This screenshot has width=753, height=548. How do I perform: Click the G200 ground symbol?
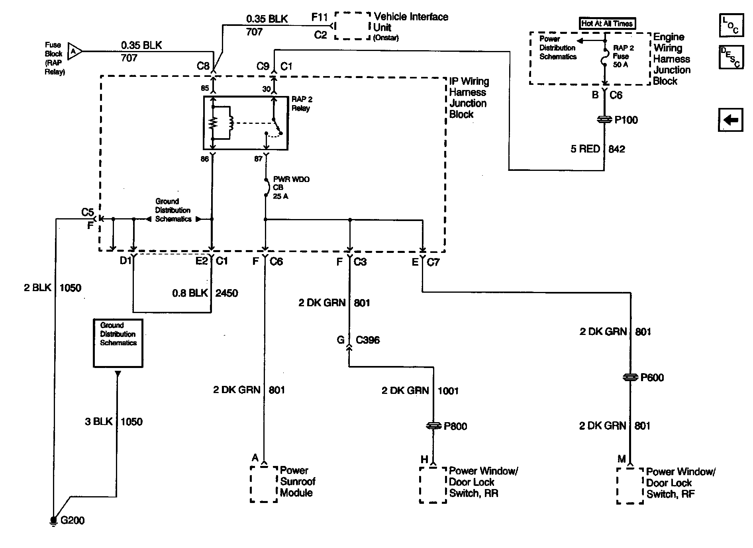coord(53,521)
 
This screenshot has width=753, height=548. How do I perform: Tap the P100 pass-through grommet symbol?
coord(604,119)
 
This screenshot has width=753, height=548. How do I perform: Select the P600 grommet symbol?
coord(630,377)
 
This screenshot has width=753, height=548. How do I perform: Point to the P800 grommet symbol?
coord(434,426)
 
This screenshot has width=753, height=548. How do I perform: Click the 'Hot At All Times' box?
coord(607,23)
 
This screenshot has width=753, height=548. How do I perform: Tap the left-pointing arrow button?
coord(731,120)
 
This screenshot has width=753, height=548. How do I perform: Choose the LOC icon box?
coord(731,25)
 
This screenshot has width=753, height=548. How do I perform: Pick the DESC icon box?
coord(731,57)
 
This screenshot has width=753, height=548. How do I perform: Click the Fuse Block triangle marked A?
coord(74,51)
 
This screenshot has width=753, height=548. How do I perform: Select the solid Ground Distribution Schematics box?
coord(118,343)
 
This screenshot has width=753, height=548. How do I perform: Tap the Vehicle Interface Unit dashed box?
coord(352,26)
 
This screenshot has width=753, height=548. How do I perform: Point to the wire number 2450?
coord(227,293)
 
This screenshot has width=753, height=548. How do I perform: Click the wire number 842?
coord(617,149)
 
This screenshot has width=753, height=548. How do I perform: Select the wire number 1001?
coord(448,391)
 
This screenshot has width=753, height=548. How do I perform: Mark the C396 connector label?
coord(368,340)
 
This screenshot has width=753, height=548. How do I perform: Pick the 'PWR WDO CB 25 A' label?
coord(291,188)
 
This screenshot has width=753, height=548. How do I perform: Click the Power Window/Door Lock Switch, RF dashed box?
coord(630,486)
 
